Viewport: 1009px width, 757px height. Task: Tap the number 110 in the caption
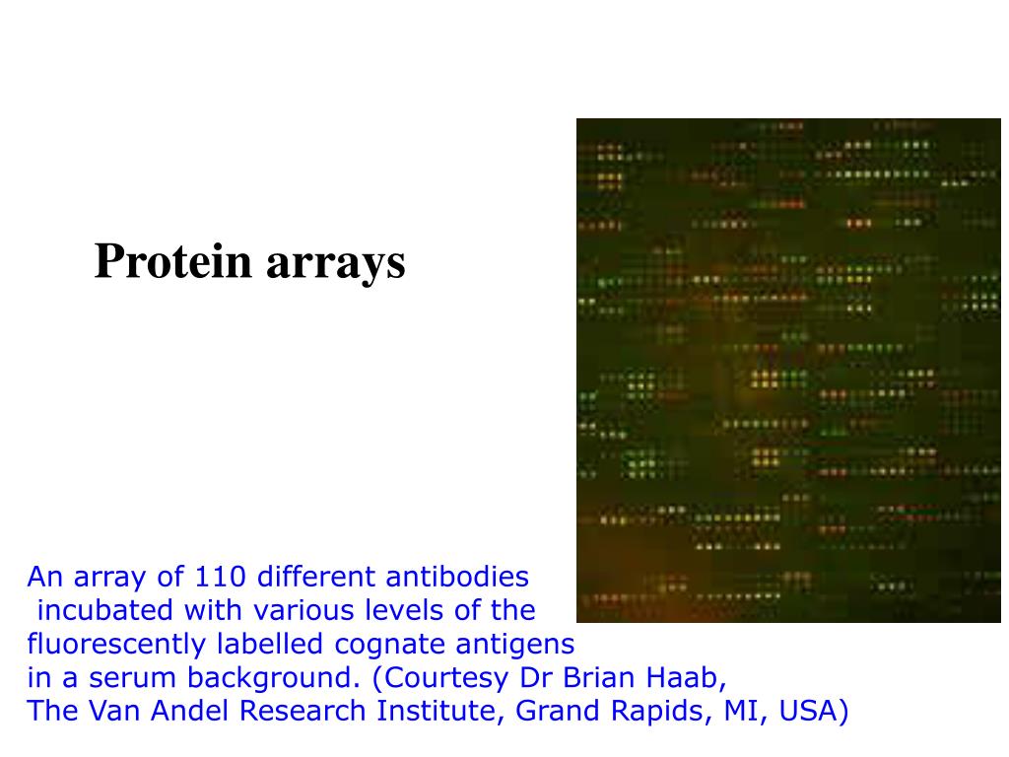(218, 577)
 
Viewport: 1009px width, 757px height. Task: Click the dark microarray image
(788, 371)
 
